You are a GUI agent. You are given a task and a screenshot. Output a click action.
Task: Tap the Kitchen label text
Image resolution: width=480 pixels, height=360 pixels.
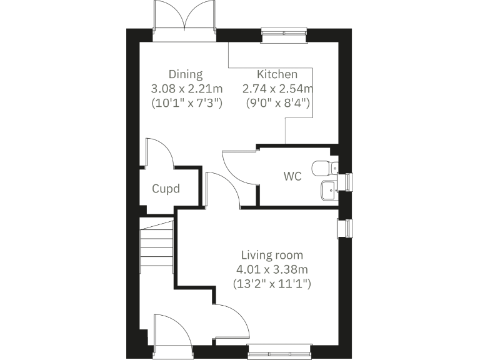[277, 74]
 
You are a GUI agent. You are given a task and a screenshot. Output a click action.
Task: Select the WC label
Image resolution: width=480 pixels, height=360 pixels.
[292, 177]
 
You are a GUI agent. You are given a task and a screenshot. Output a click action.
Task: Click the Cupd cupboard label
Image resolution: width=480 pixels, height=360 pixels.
[166, 188]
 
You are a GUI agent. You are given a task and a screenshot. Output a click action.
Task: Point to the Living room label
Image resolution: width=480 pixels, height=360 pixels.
[272, 255]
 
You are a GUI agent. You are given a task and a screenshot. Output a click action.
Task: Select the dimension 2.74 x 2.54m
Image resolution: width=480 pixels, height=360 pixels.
[278, 89]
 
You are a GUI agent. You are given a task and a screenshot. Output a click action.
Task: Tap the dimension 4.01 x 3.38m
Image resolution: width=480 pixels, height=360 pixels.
[272, 269]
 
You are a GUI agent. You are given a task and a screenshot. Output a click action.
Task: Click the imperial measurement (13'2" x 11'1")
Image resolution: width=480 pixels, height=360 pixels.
[272, 284]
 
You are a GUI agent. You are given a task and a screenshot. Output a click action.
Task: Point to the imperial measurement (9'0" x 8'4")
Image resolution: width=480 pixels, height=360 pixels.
[278, 102]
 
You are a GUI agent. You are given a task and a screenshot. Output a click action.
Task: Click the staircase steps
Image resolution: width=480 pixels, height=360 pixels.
[156, 250]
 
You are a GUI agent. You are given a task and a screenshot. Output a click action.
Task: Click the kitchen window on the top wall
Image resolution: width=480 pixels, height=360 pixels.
[284, 36]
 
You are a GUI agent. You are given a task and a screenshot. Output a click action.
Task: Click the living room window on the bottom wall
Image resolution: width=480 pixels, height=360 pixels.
[279, 352]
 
